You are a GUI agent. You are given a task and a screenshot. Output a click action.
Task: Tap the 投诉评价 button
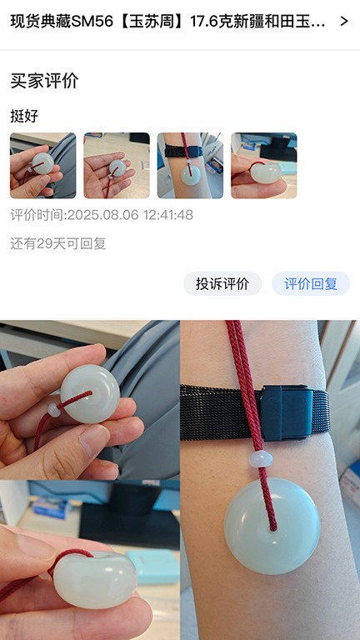pyautogui.click(x=222, y=283)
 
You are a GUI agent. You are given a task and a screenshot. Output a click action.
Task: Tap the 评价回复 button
pyautogui.click(x=311, y=283)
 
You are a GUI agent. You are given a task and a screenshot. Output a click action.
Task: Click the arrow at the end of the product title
pyautogui.click(x=344, y=21)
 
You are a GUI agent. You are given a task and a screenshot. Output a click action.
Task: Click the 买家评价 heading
pyautogui.click(x=44, y=81)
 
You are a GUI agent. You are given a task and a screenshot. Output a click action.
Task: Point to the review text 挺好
pyautogui.click(x=24, y=117)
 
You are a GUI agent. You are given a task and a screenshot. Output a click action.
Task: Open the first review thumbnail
pyautogui.click(x=42, y=165)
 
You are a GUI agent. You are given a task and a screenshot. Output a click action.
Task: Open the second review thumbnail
pyautogui.click(x=117, y=165)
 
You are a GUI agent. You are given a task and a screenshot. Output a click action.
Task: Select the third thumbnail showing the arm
pyautogui.click(x=190, y=165)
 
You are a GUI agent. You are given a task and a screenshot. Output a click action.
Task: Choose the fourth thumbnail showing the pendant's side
pyautogui.click(x=264, y=165)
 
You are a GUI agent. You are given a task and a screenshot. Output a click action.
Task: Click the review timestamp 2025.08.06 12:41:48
pyautogui.click(x=130, y=215)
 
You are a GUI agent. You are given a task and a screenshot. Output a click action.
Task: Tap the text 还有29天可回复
pyautogui.click(x=58, y=244)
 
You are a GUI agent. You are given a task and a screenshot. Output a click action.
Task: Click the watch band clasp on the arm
pyautogui.click(x=287, y=412)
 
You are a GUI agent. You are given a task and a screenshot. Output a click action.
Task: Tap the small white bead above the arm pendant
pyautogui.click(x=261, y=459)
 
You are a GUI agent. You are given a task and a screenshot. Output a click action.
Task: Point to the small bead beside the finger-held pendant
pyautogui.click(x=54, y=410)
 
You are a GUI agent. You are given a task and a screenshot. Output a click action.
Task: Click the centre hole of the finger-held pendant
pyautogui.click(x=89, y=393)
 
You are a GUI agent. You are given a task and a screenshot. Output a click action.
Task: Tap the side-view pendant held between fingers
pyautogui.click(x=95, y=580)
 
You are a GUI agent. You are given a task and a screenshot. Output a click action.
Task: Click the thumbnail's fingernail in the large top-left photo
pyautogui.click(x=95, y=440)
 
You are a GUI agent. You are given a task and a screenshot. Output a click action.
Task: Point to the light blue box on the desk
pyautogui.click(x=153, y=566)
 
